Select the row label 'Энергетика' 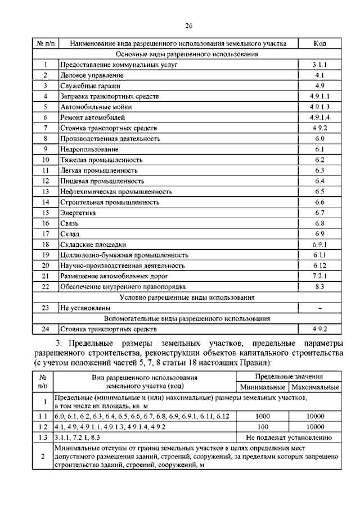tap(78, 213)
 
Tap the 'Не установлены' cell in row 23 tap(85, 308)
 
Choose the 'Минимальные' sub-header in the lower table tap(263, 388)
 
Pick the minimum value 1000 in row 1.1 tap(263, 417)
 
